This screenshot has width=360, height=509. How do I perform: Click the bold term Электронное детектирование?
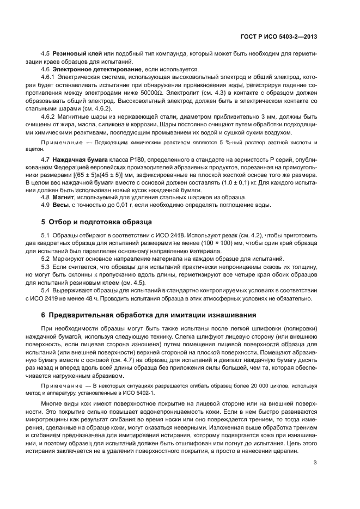point(90,71)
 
